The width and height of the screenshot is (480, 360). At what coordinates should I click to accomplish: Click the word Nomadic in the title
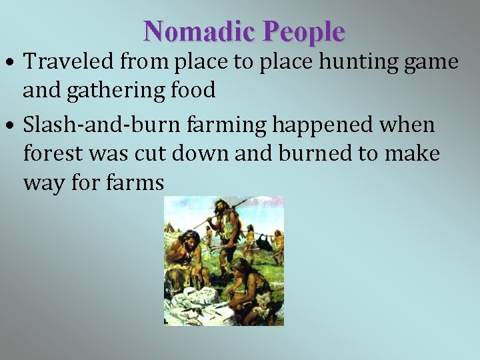point(199,31)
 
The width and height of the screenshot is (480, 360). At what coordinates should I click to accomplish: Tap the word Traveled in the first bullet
point(69,62)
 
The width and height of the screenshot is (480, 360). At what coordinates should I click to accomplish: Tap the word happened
point(297,125)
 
